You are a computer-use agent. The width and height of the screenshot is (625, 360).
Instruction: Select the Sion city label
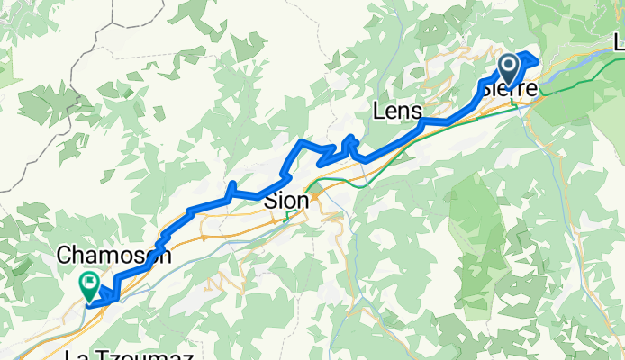coord(286,202)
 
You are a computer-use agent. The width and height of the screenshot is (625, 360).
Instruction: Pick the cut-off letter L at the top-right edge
coord(619,42)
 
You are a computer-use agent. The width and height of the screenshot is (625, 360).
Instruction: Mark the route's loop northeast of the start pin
coord(527,59)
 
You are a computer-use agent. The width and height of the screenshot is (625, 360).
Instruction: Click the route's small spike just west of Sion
coord(232,186)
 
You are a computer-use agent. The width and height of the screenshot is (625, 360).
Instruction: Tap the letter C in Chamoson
coord(63,256)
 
